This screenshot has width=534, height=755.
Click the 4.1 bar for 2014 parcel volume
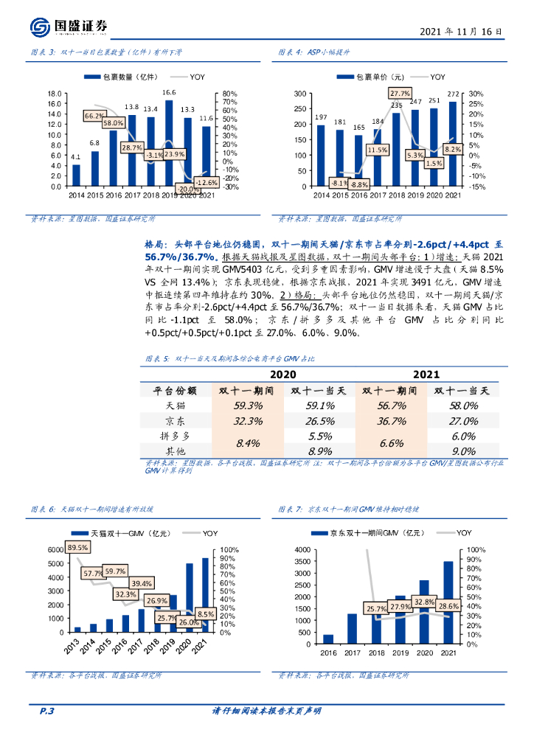pos(76,175)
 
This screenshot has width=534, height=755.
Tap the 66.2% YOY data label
pos(94,116)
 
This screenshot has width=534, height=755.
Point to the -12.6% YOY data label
pos(206,182)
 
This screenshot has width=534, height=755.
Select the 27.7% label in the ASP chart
pos(399,94)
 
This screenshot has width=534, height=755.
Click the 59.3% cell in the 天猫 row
pos(248,406)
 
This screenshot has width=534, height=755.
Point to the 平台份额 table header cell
pos(174,391)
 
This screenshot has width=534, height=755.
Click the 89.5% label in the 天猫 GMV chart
pos(77,547)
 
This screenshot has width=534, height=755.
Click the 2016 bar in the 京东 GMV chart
pos(327,638)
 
